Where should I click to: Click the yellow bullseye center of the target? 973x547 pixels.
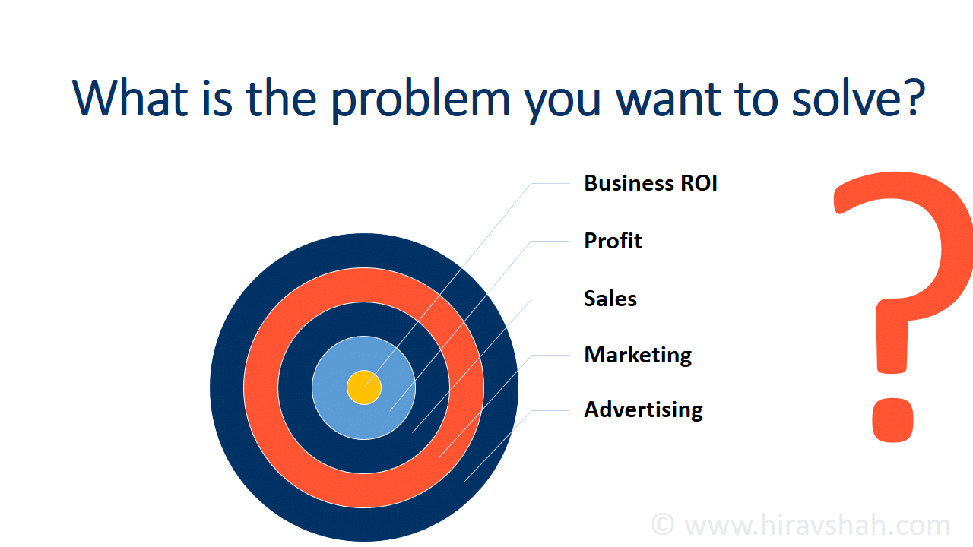[x=364, y=387]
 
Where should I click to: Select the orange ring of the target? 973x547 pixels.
[x=261, y=387]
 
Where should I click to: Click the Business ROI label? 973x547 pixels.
[x=650, y=183]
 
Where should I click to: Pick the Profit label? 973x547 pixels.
[x=613, y=241]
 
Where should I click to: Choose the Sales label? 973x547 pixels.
[x=610, y=299]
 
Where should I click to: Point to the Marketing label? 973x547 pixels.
[x=638, y=355]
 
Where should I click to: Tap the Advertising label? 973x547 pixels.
[x=643, y=410]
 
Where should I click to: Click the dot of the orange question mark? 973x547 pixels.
[x=892, y=420]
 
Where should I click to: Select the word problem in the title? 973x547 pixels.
[x=420, y=100]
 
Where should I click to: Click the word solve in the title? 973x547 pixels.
[x=843, y=98]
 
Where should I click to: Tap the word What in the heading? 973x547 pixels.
[x=130, y=98]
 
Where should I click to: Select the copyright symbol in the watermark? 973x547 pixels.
[x=663, y=524]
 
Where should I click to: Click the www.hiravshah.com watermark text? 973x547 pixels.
[x=817, y=525]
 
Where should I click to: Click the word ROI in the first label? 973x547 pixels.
[x=699, y=183]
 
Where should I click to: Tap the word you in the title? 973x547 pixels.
[x=563, y=104]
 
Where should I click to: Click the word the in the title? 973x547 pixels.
[x=281, y=98]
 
